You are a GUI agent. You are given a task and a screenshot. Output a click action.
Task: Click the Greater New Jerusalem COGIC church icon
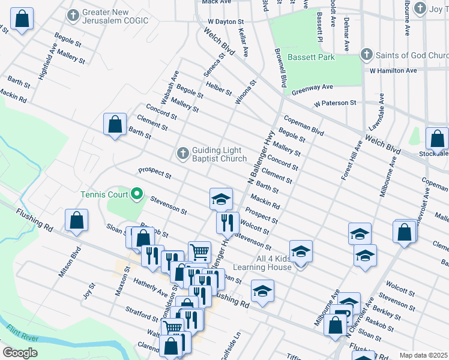point(73,15)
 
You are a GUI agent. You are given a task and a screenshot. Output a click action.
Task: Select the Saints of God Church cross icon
point(366,55)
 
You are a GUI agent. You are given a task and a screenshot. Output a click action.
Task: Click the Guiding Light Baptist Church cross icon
point(183,154)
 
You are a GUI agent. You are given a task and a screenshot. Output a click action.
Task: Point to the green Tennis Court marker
point(136,194)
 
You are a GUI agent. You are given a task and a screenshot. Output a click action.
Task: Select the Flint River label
point(23,334)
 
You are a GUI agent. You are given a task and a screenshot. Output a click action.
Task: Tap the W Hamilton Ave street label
point(393,71)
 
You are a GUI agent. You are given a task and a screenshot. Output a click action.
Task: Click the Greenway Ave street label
point(312,89)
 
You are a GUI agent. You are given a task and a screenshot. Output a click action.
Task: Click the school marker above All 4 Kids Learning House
point(301,251)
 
